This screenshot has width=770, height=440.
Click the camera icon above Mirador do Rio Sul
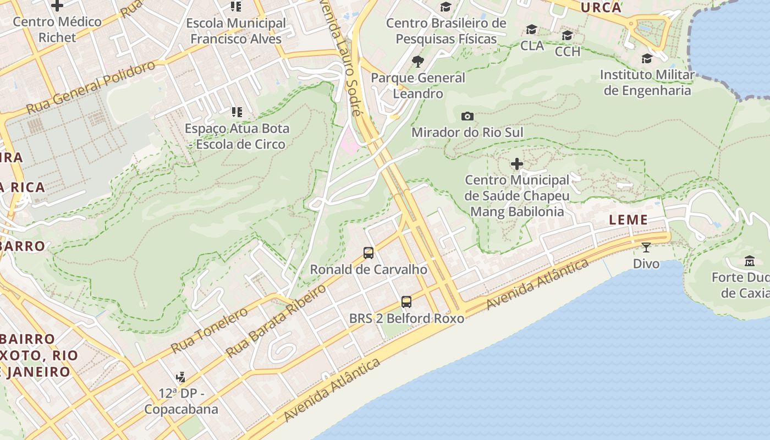[x=468, y=116]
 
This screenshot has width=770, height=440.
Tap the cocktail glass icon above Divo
[x=646, y=247]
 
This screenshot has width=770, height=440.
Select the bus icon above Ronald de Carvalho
[x=369, y=253]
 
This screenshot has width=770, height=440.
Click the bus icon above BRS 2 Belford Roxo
[x=406, y=301]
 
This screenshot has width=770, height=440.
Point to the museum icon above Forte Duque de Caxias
[x=749, y=261]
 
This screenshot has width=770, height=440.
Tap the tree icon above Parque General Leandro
[x=418, y=61]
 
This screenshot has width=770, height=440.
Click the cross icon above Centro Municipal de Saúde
[x=517, y=164]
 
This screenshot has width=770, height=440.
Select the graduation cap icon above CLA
[x=531, y=29]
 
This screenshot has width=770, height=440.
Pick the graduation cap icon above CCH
[x=567, y=36]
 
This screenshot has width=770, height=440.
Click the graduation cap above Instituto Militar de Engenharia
[x=647, y=58]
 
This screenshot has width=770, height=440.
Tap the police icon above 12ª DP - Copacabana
[x=180, y=377]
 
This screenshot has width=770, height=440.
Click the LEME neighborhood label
[x=628, y=220]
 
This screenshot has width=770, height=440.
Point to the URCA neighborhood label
[x=601, y=8]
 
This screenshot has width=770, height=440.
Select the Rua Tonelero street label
[x=210, y=330]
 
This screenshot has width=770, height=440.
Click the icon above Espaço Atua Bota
[x=237, y=112]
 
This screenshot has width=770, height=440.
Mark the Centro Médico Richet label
[x=57, y=30]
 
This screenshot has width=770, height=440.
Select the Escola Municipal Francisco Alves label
[x=236, y=31]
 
